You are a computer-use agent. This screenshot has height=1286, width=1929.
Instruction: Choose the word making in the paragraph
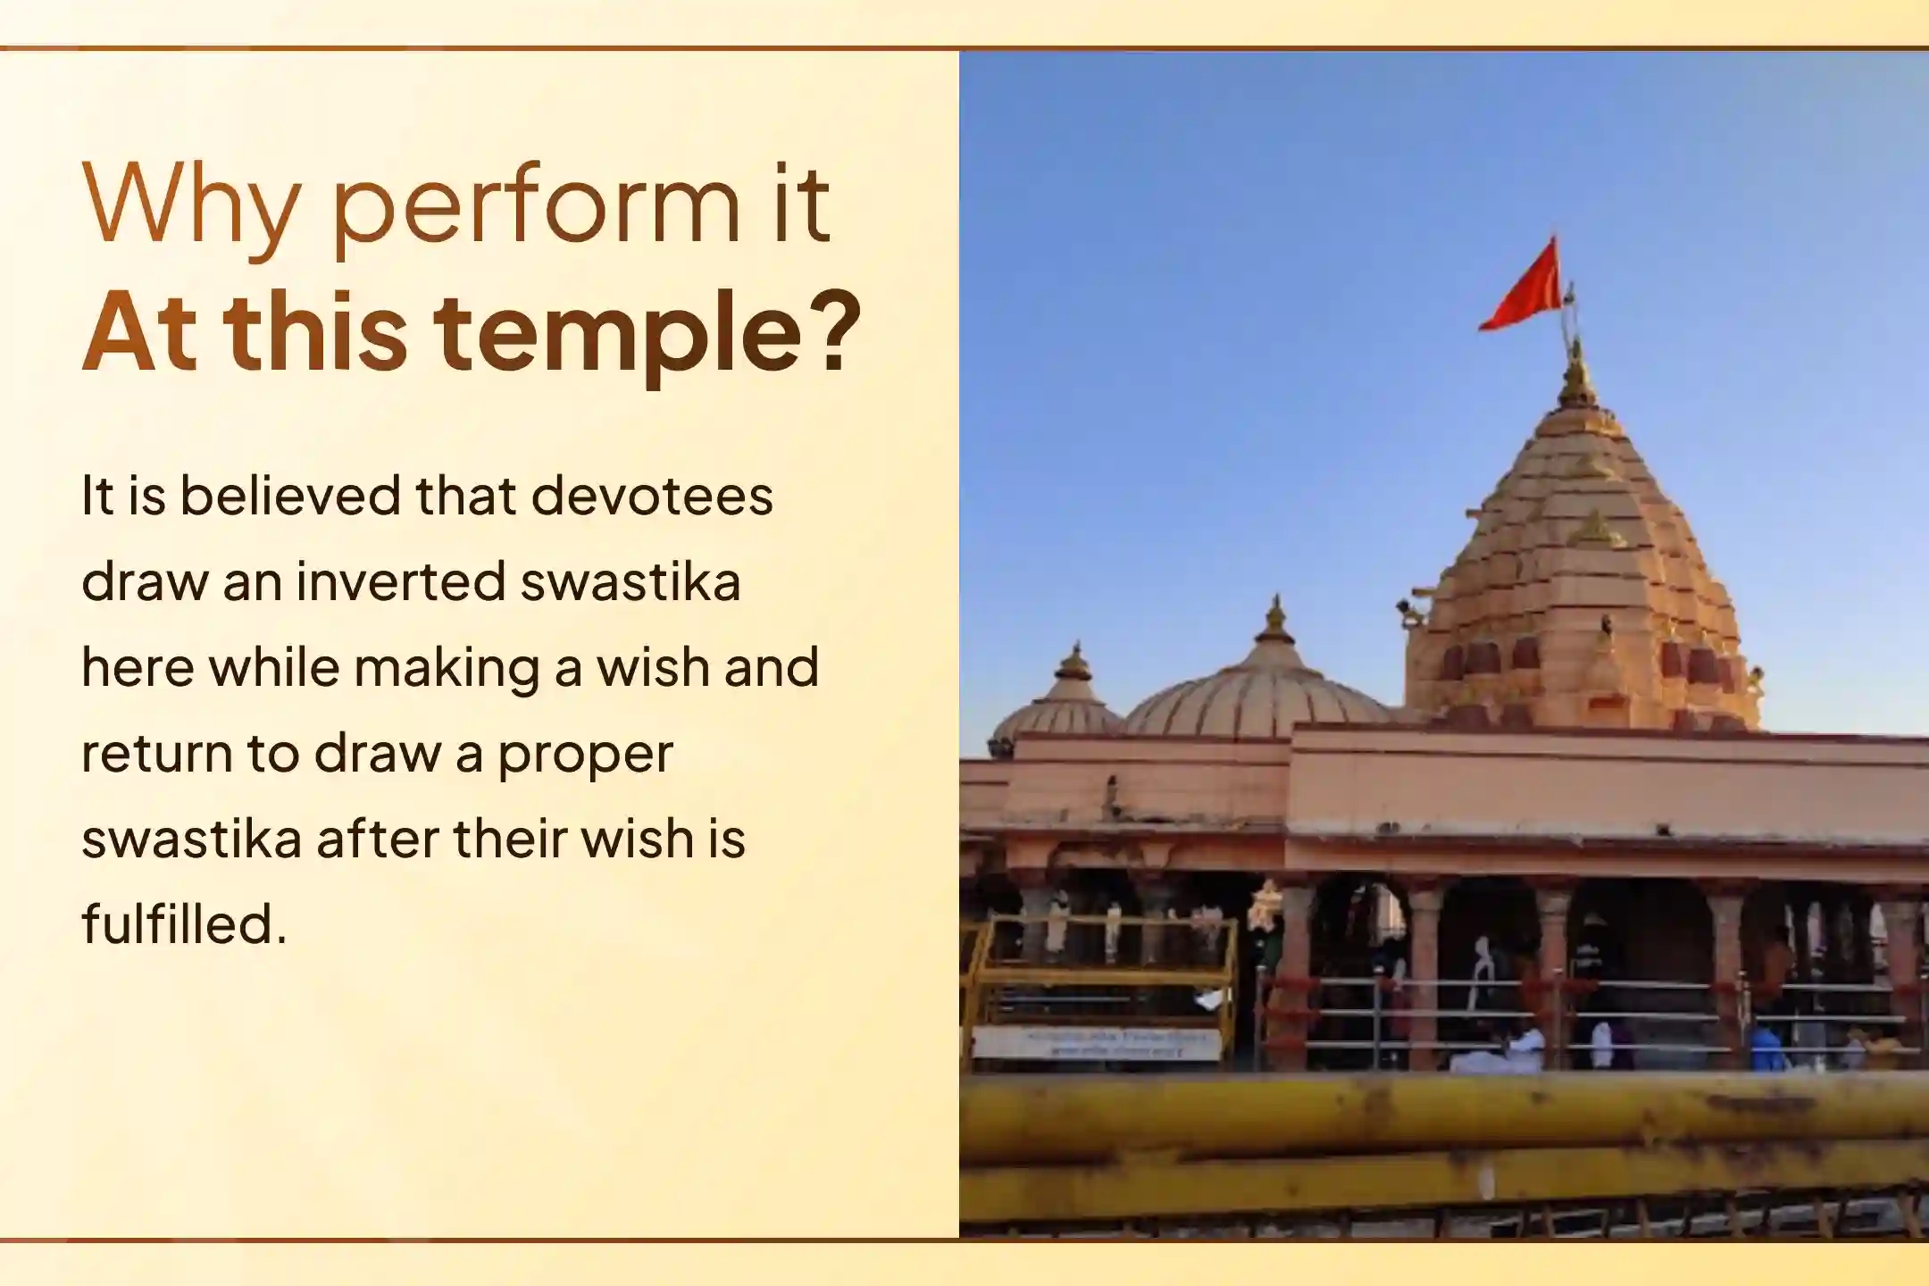click(447, 668)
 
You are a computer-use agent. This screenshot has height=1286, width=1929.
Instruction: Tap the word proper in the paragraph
click(585, 755)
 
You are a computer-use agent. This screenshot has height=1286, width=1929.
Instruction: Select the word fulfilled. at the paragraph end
click(184, 923)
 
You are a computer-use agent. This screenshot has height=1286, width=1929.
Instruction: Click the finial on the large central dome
click(1274, 621)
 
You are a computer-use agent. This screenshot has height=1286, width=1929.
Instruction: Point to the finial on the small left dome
click(1073, 663)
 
